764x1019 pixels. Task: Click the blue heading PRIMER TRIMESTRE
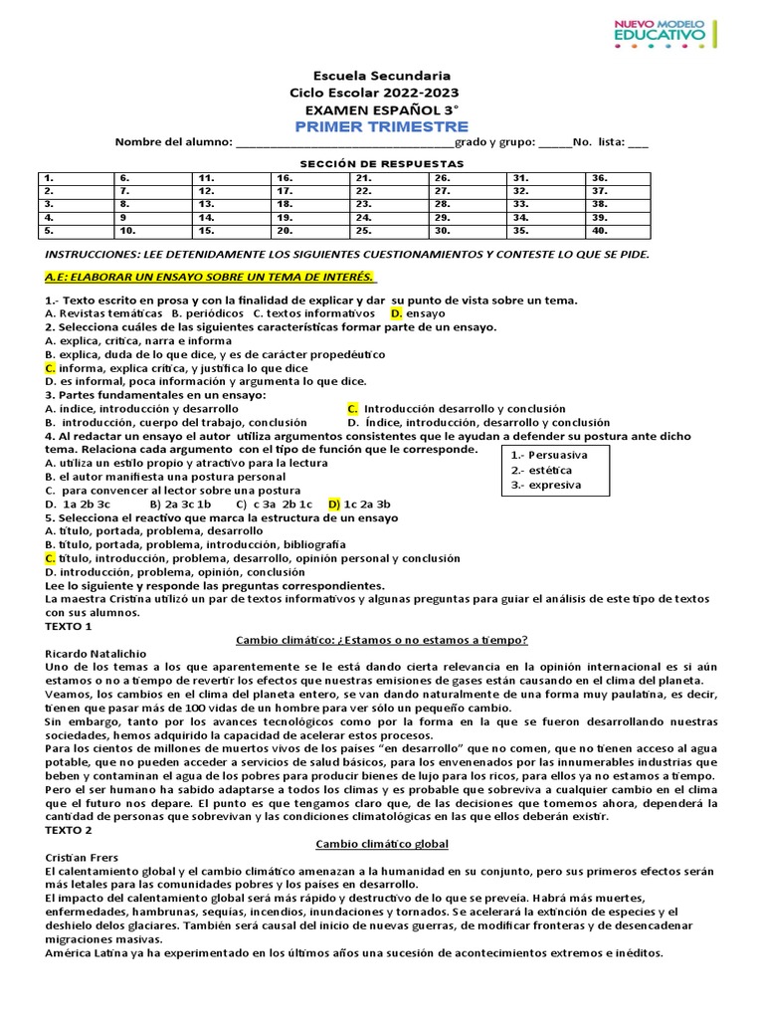[x=381, y=126]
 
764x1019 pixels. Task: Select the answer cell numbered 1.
[x=76, y=177]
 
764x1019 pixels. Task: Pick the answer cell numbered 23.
[x=389, y=204]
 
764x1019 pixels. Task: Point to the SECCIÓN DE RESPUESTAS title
[x=382, y=162]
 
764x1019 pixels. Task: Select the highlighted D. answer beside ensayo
[x=396, y=313]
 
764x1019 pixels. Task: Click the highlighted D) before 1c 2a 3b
[x=334, y=505]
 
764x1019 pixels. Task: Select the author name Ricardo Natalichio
[x=95, y=653]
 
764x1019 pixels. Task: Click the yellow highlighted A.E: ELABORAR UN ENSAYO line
[x=211, y=276]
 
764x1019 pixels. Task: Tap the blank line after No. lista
[x=638, y=142]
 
